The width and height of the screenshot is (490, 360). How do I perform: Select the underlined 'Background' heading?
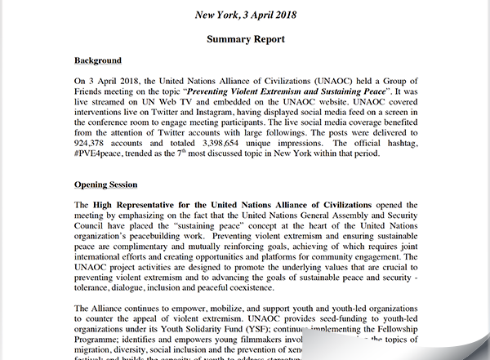[x=98, y=61]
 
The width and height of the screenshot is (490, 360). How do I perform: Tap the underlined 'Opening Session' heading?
[x=105, y=184]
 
